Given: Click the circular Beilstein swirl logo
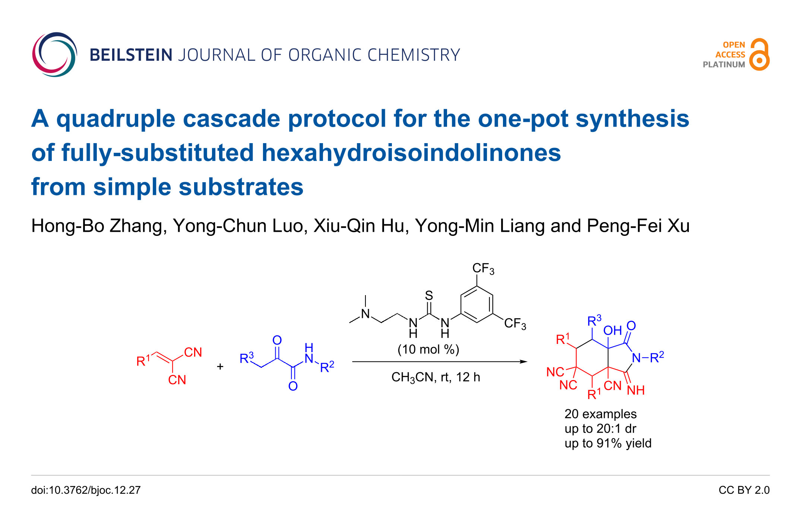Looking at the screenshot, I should pos(54,55).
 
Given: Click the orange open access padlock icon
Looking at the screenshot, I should pos(760,55).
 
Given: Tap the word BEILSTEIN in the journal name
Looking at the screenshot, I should pos(131,55).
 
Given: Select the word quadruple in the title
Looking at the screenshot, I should pos(115,119).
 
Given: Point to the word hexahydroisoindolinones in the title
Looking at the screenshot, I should pos(411,153).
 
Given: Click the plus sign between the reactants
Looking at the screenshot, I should pos(220,367).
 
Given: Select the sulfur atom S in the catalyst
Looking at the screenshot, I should pos(429,295).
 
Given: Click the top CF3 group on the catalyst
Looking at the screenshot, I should pos(483,269).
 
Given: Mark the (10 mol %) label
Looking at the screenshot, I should pos(428,350).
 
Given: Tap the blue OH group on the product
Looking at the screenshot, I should pos(612,330).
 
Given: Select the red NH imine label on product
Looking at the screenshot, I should pos(636,390).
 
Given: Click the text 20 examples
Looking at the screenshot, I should pos(601,414).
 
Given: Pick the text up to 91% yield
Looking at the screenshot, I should pos(608,443).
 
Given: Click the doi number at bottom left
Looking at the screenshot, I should pos(86,490).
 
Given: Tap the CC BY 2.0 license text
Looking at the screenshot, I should pos(744,490).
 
